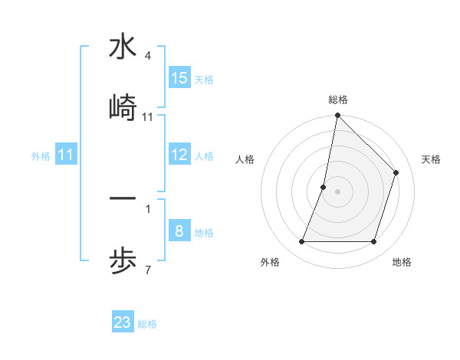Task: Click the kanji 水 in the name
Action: tap(123, 47)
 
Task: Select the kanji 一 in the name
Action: tap(123, 199)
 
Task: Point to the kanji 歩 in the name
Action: tap(123, 260)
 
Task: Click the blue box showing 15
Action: tap(179, 78)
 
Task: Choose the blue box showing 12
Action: tap(179, 155)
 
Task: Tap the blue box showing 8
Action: tap(179, 231)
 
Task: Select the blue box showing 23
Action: tap(123, 322)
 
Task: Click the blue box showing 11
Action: tap(66, 155)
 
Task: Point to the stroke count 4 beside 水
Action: tap(148, 56)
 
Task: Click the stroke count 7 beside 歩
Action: tap(148, 270)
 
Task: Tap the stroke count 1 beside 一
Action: tap(148, 208)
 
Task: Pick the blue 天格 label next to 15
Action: tap(204, 79)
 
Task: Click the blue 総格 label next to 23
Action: tap(147, 323)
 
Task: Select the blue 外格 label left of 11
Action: tap(41, 155)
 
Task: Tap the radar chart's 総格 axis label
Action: tap(337, 100)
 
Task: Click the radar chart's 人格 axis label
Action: tap(245, 159)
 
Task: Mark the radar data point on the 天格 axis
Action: tap(396, 172)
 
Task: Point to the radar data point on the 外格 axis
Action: tap(301, 242)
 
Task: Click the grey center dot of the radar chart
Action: tap(337, 191)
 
